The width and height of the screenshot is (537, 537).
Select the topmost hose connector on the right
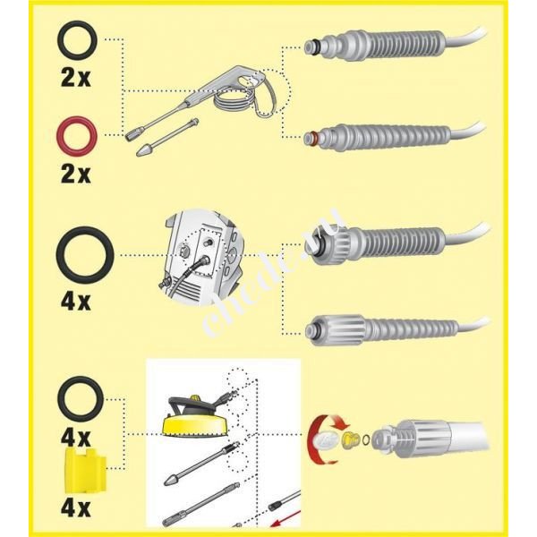click(x=376, y=45)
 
